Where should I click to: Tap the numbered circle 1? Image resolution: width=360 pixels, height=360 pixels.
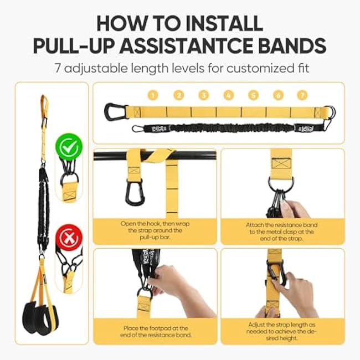click(153, 95)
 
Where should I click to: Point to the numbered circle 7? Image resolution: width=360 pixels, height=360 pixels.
click(302, 95)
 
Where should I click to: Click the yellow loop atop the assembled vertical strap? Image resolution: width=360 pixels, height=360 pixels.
click(44, 105)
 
